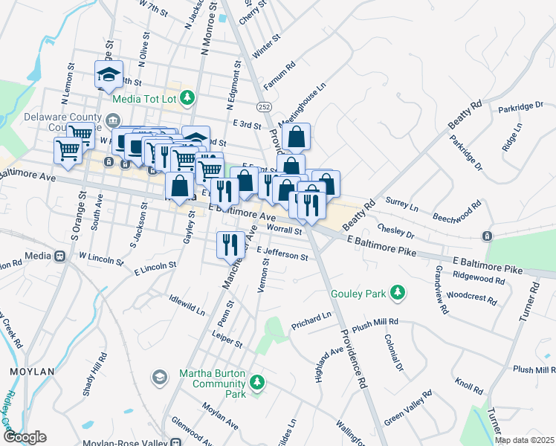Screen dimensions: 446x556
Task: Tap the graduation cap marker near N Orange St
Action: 108,74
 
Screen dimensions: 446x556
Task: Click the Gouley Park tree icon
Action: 398,293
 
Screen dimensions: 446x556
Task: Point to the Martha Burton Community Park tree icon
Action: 257,383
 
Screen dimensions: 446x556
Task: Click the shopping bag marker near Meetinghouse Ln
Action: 296,138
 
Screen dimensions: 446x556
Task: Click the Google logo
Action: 24,438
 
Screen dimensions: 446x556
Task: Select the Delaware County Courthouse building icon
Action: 112,120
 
